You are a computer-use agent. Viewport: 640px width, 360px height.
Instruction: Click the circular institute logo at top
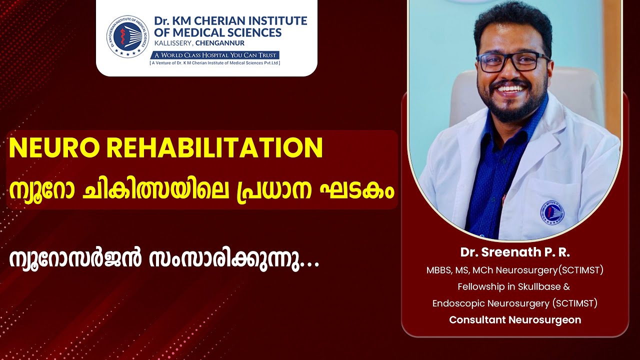[x=127, y=35]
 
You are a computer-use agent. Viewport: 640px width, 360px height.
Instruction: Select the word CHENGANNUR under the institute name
[x=220, y=43]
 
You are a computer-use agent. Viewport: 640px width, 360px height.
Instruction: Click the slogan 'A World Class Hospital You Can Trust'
[x=215, y=55]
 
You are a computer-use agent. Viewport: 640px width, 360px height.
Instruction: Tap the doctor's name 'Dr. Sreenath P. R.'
[x=515, y=252]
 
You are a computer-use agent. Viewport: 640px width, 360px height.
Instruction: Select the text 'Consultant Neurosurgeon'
[x=515, y=319]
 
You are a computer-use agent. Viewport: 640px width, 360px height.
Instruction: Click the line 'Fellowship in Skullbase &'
[x=514, y=286]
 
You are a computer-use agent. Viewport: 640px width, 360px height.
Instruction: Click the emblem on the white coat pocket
[x=552, y=212]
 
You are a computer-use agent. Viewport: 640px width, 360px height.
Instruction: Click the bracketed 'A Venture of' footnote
[x=215, y=63]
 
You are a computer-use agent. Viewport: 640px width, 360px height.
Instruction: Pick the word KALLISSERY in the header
[x=173, y=43]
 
